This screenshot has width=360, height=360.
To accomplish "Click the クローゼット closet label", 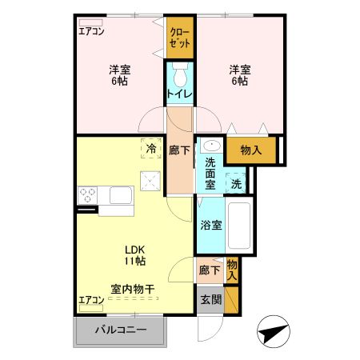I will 180,38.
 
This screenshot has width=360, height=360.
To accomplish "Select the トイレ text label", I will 179,94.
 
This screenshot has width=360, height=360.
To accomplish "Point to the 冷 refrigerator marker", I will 151,147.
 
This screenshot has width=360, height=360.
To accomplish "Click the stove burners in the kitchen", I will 88,194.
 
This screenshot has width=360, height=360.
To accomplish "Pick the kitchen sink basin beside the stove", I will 121,195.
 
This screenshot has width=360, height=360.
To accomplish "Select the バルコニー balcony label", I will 121,330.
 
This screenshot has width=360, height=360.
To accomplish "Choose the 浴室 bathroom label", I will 211,225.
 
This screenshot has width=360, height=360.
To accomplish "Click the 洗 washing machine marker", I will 235,183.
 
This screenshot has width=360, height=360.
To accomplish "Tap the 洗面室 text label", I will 210,171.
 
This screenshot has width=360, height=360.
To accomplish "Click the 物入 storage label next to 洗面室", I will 250,149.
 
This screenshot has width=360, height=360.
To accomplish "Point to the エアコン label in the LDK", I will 90,300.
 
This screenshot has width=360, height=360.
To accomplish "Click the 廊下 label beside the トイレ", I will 180,149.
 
